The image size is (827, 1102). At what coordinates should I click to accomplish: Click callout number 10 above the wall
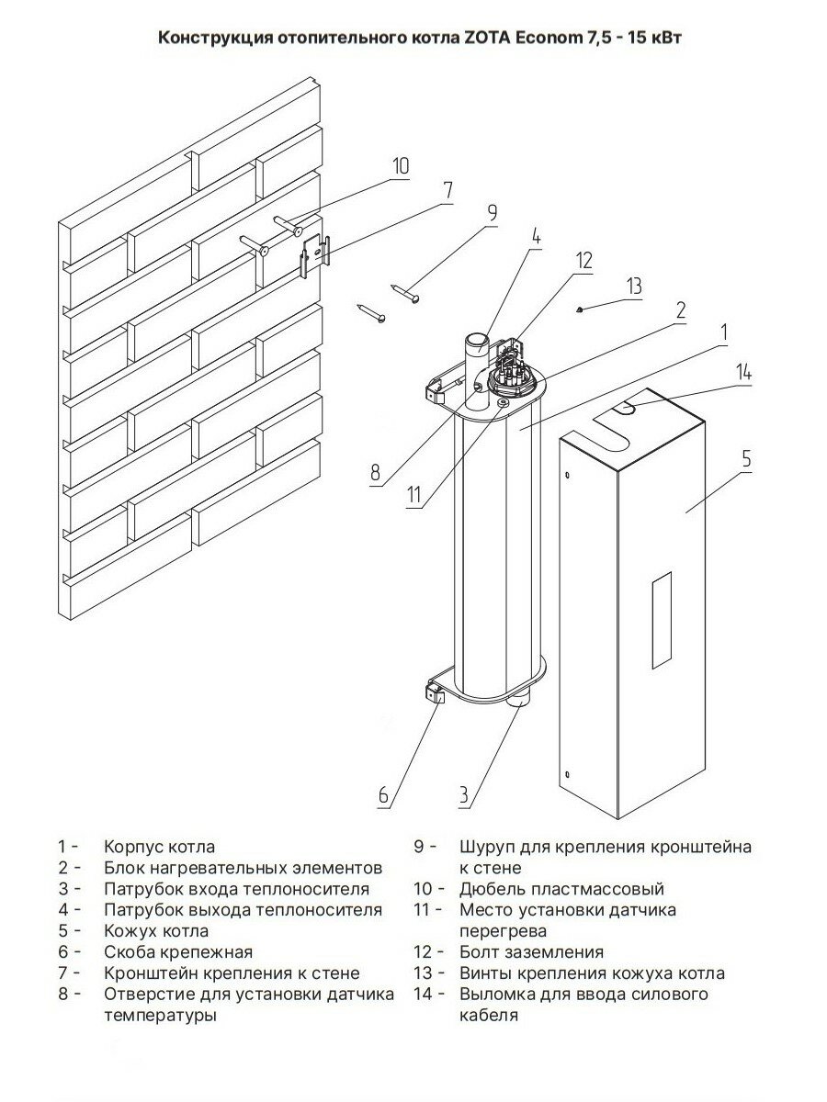[x=400, y=166]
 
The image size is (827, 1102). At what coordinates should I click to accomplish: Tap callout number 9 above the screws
[x=492, y=213]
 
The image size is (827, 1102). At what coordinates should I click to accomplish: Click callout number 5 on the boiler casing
[x=746, y=459]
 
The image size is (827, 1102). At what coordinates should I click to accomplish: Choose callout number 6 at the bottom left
[x=384, y=794]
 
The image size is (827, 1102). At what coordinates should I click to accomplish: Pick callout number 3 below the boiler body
[x=466, y=794]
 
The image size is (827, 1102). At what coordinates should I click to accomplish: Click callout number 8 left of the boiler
[x=375, y=473]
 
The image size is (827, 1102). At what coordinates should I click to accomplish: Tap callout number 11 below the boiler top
[x=414, y=495]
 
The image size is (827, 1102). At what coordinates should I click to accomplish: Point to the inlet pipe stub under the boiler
[x=518, y=702]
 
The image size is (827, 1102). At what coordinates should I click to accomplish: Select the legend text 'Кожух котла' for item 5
[x=156, y=930]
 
